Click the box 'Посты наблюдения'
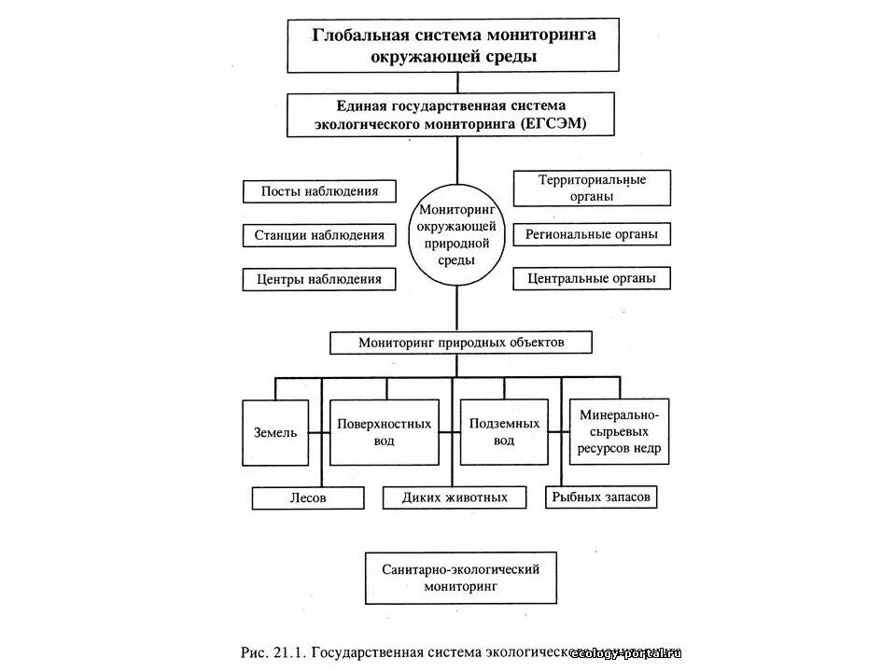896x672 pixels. coord(319,191)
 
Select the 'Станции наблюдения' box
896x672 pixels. coord(319,235)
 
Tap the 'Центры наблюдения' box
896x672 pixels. coord(319,279)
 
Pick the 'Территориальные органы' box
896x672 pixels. coord(592,189)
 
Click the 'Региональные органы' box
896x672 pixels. coord(592,234)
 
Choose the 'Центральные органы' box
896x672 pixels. coord(592,278)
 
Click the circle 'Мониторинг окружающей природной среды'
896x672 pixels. coord(456,237)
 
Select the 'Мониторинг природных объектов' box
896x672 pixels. coord(461,343)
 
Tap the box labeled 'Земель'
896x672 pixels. coord(275,432)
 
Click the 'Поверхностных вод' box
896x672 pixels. coord(385,432)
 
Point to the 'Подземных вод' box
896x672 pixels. coord(504,432)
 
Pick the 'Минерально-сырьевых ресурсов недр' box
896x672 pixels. coord(620,431)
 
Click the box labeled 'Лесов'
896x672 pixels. coord(307,498)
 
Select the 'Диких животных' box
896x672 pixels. coord(455,498)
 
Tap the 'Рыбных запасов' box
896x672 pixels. coord(601,497)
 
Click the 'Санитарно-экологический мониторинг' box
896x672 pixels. coord(461,578)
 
